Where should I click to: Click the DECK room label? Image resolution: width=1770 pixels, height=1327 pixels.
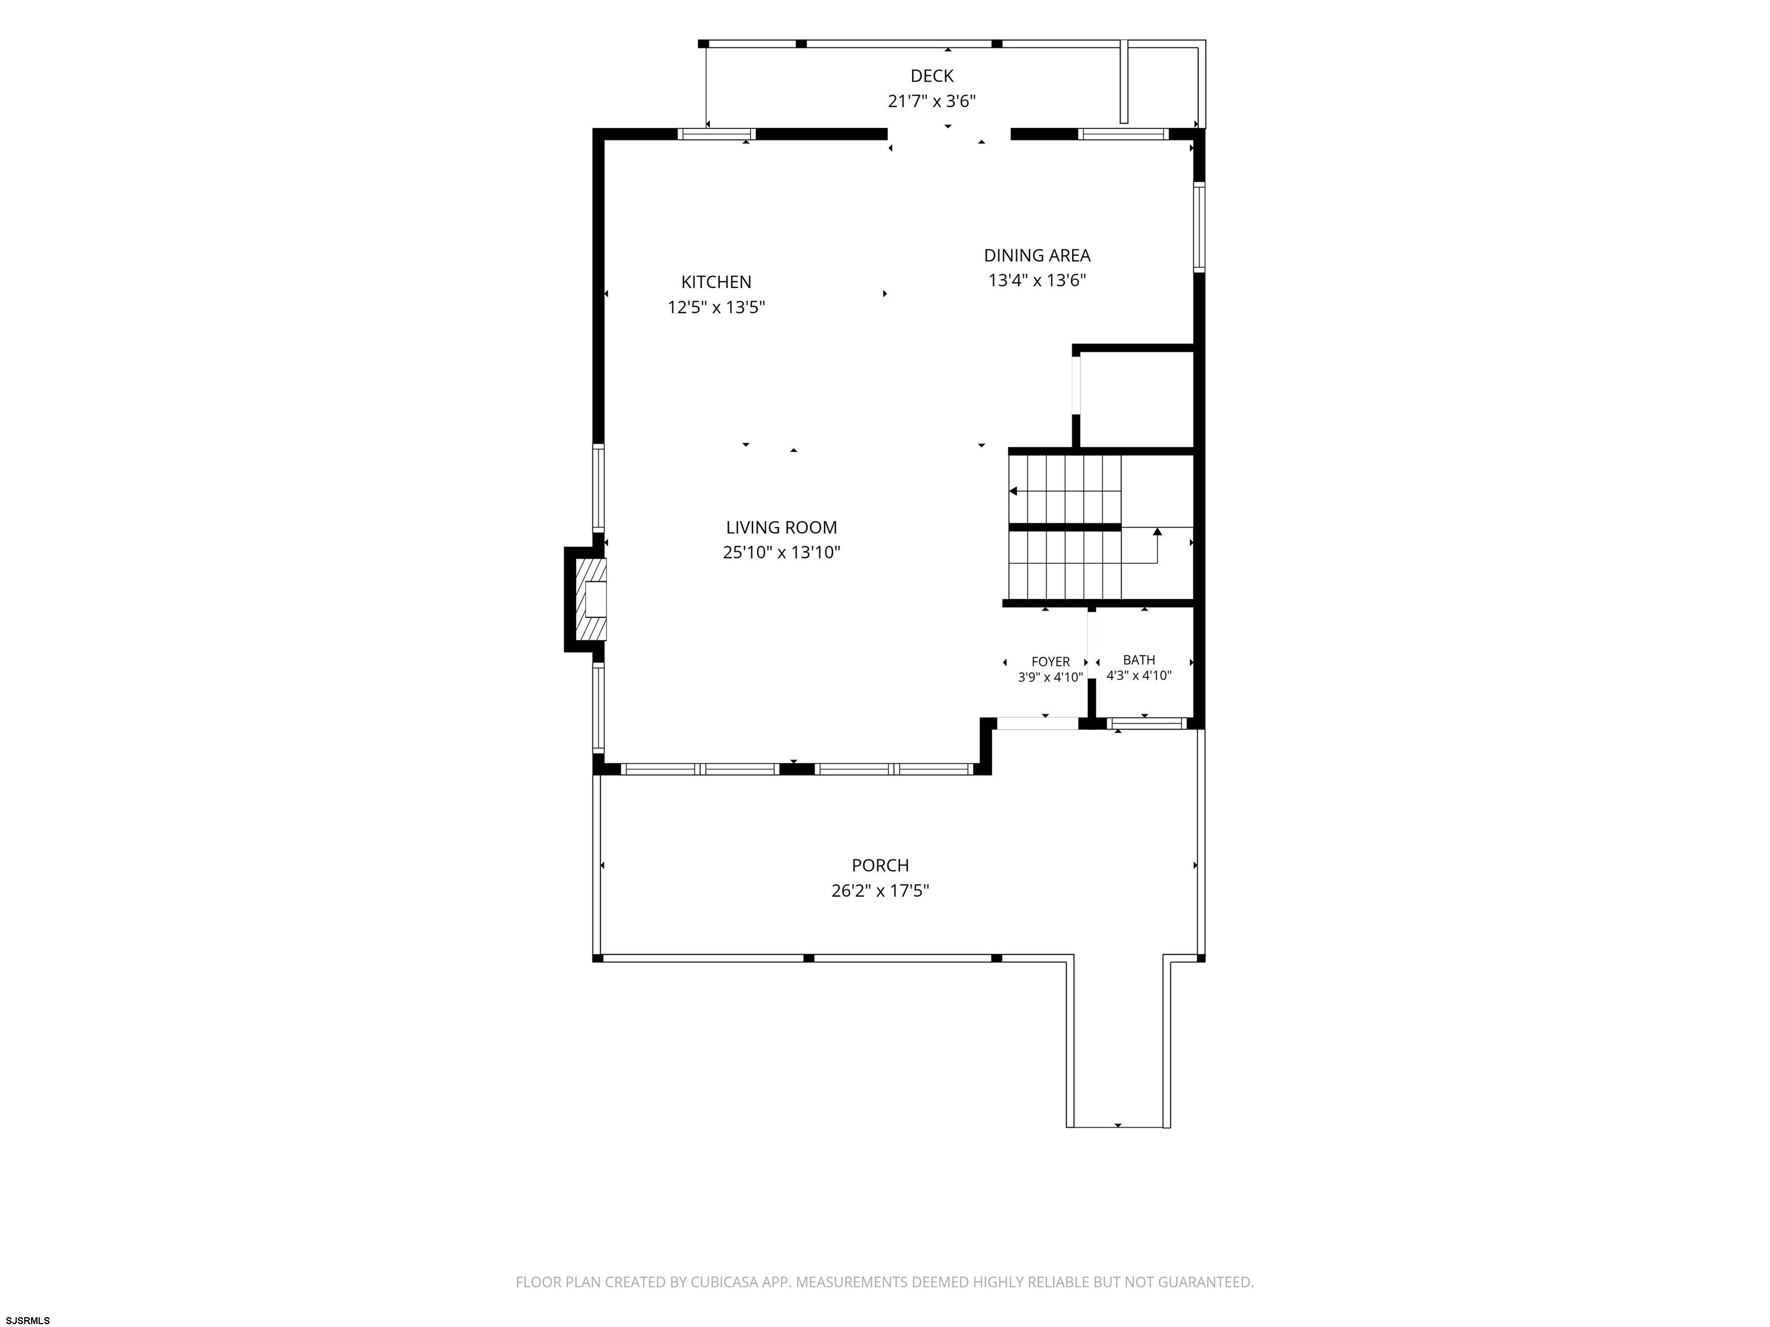point(932,76)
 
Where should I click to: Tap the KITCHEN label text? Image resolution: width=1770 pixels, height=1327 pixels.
point(716,282)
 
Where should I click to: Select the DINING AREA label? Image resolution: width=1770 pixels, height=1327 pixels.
point(1037,255)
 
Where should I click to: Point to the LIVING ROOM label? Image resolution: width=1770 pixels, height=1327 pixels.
point(782,527)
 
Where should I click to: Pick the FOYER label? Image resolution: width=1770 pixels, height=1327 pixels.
point(1050,662)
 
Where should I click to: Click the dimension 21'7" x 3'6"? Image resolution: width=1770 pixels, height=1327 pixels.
point(932,101)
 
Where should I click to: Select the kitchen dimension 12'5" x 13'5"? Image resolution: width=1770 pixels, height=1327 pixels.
point(716,307)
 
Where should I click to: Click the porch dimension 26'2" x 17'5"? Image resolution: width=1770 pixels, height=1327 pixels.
point(880,890)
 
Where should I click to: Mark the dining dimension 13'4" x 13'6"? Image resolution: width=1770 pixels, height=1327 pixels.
point(1037,280)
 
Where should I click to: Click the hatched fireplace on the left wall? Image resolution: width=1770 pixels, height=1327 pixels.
point(593,599)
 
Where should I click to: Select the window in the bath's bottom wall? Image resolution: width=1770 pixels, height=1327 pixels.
point(1147,724)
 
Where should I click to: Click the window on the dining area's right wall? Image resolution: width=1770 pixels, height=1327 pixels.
point(1198,227)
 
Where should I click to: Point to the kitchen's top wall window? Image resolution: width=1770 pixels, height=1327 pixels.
point(717,134)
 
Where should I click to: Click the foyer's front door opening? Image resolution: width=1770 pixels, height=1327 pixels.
point(1037,724)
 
